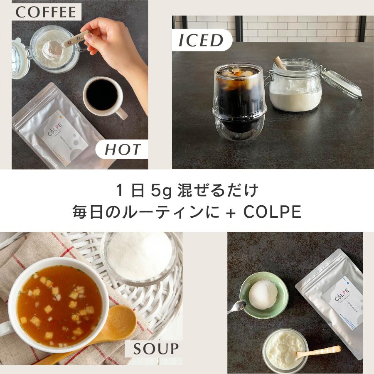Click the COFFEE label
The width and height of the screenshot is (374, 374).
[x=46, y=12]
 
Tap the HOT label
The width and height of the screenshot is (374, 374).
[x=122, y=150]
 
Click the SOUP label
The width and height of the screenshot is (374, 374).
[x=156, y=348]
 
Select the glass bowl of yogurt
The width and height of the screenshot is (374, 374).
[x=285, y=349]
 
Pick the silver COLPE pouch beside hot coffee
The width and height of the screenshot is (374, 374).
[x=58, y=129]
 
